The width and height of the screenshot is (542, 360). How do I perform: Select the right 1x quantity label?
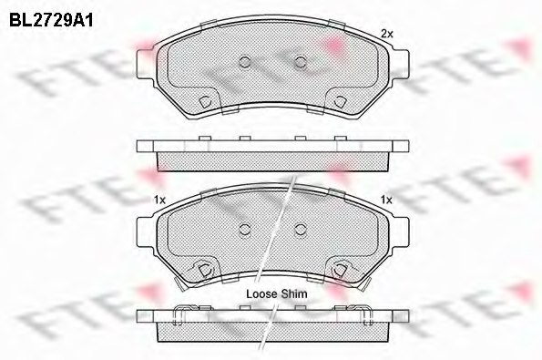pos(385,199)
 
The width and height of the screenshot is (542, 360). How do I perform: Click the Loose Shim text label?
pos(277,295)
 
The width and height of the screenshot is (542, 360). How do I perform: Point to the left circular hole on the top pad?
pos(243,62)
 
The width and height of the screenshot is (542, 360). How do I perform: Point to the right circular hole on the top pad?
pos(301,62)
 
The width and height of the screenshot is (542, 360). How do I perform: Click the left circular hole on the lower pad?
pos(243,229)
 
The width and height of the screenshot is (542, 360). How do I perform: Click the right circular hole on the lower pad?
pos(301,229)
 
